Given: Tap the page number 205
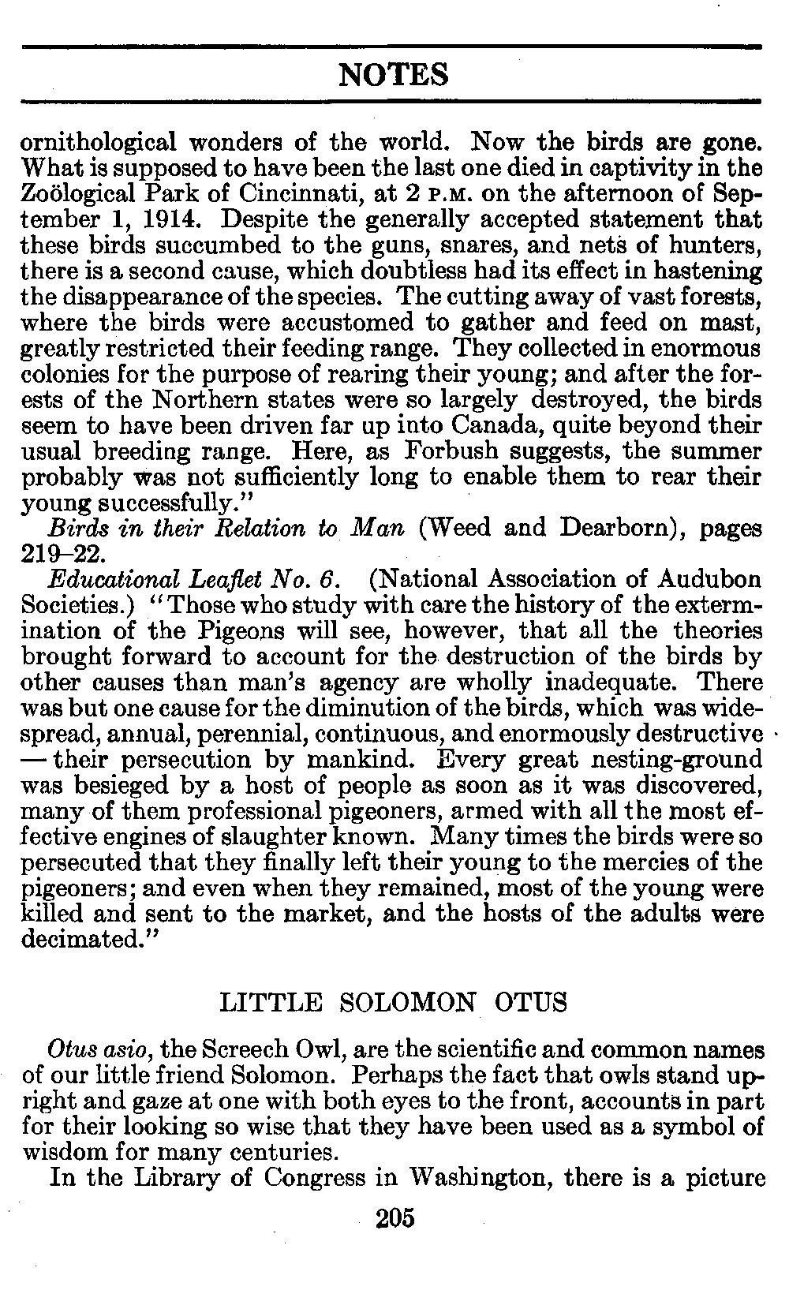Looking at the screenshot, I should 395,1218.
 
